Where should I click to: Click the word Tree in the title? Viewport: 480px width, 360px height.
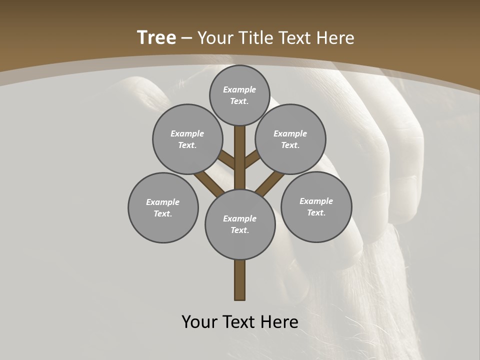coord(156,37)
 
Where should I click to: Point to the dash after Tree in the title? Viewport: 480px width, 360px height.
coord(187,38)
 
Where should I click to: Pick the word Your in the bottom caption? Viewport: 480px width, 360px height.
coord(199,322)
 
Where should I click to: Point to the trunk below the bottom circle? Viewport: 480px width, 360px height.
coord(240,280)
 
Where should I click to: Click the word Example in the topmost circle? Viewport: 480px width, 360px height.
coord(239,89)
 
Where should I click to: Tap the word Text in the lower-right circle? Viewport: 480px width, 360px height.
coord(316,212)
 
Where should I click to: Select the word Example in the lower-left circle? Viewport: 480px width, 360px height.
coord(162,202)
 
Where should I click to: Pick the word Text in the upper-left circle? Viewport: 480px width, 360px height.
coord(187,145)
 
